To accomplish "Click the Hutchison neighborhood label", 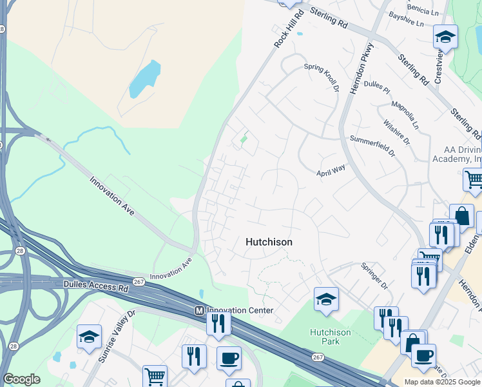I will tap(269, 242).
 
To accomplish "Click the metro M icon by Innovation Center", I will tap(199, 311).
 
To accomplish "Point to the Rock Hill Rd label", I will tap(287, 29).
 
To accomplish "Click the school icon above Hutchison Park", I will tap(326, 299).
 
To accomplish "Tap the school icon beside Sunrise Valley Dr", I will tap(89, 336).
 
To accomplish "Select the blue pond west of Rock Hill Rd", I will tap(144, 79).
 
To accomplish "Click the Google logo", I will tap(21, 379).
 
